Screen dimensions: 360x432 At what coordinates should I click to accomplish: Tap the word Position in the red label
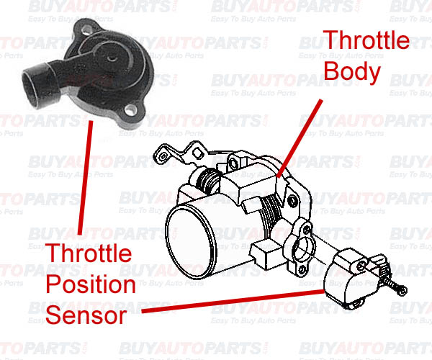(90, 284)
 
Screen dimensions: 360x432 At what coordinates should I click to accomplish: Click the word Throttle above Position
(89, 253)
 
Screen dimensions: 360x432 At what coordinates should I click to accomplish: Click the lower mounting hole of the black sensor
(131, 111)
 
